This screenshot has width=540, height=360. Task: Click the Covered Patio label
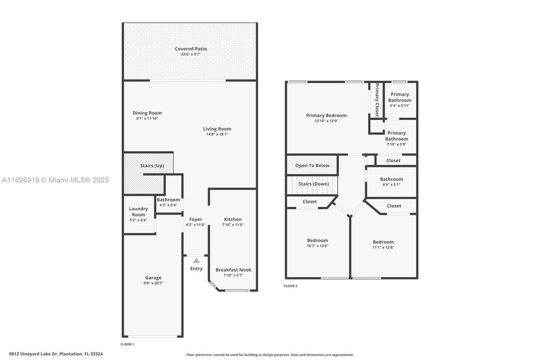point(190,49)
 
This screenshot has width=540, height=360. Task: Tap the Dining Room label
point(147,113)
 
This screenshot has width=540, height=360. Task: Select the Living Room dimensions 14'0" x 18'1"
point(217,134)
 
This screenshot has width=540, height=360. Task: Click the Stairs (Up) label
point(152,165)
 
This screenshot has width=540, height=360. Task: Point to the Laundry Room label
point(138,211)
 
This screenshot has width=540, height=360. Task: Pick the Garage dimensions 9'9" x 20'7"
point(153,283)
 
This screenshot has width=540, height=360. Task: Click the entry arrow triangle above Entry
point(196,260)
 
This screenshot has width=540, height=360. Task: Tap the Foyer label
point(196,219)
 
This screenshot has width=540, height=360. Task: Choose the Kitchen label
point(233,219)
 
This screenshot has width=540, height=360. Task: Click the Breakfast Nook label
point(233,270)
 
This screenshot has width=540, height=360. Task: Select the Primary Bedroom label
point(326,115)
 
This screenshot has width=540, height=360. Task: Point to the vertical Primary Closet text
point(377,99)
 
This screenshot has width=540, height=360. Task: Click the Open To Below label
point(312,165)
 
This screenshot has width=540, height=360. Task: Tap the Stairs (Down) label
point(314,184)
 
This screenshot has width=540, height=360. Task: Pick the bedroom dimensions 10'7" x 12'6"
point(317,246)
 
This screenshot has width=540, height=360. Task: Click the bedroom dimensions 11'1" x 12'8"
point(383,247)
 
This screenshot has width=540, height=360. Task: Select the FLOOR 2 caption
point(290,286)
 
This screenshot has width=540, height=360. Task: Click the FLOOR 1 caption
point(127,344)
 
